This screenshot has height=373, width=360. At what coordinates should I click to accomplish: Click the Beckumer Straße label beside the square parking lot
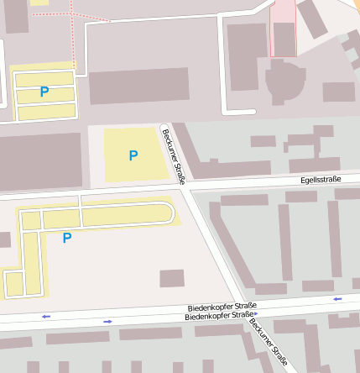pos(174,156)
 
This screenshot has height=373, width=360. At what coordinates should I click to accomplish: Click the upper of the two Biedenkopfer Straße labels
pos(222,307)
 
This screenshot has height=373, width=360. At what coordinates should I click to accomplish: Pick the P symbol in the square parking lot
pos(133,155)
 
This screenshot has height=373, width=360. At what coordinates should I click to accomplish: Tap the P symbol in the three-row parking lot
pos(44,92)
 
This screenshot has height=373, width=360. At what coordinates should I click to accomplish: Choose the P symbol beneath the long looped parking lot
pos(67,238)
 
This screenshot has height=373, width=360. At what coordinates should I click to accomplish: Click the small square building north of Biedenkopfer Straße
pos(172,278)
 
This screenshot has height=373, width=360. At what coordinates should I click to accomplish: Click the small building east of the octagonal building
pos(339,92)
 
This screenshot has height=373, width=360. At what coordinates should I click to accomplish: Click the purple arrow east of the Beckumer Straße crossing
pos(337,298)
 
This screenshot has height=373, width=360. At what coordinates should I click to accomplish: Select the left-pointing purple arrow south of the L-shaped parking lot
pos(45,316)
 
